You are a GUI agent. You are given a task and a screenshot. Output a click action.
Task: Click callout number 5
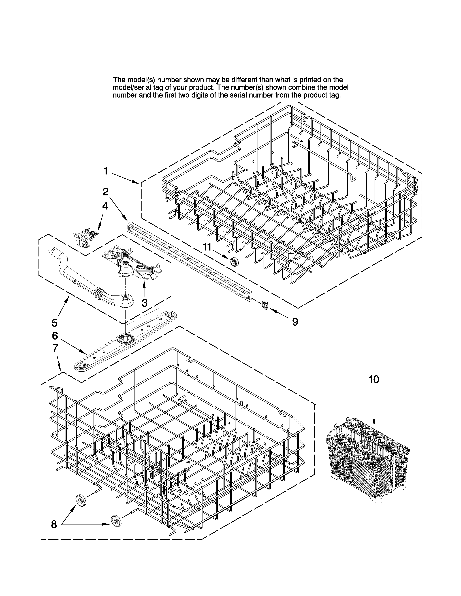55,323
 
